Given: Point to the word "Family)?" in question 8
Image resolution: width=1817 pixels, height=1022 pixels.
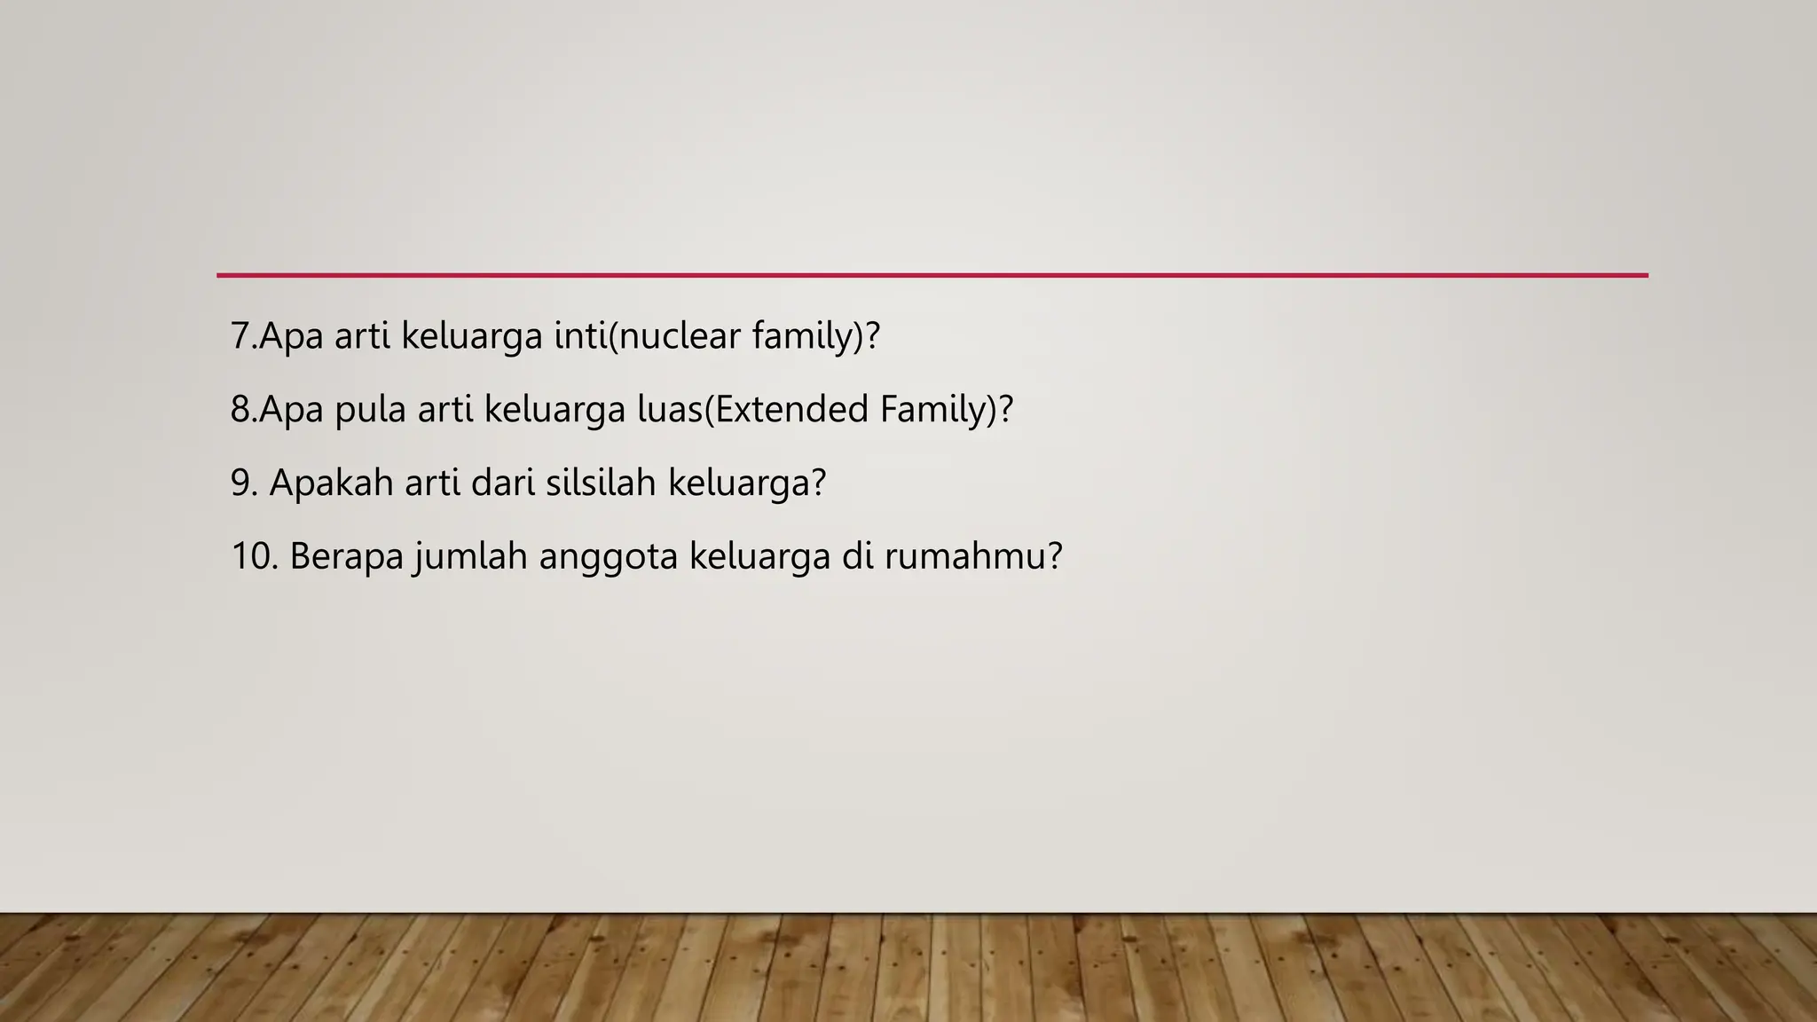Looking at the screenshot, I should pos(947,410).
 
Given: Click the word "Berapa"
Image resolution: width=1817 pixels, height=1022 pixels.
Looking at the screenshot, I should pos(347,556).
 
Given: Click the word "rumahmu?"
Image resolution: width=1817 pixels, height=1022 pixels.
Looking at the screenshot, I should pos(973,556).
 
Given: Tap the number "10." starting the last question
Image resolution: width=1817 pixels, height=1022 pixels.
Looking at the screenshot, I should pos(255,556).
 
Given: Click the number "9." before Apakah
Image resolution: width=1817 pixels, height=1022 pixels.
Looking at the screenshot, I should pos(244,483).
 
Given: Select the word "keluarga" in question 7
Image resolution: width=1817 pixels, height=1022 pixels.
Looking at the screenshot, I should pos(472,336).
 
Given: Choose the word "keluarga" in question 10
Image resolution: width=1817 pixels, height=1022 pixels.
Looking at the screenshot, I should pos(759,556).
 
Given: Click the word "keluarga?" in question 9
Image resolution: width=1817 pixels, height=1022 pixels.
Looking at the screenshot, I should pos(747,483).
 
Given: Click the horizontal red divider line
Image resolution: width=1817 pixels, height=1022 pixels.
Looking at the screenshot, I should pos(932,275).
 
